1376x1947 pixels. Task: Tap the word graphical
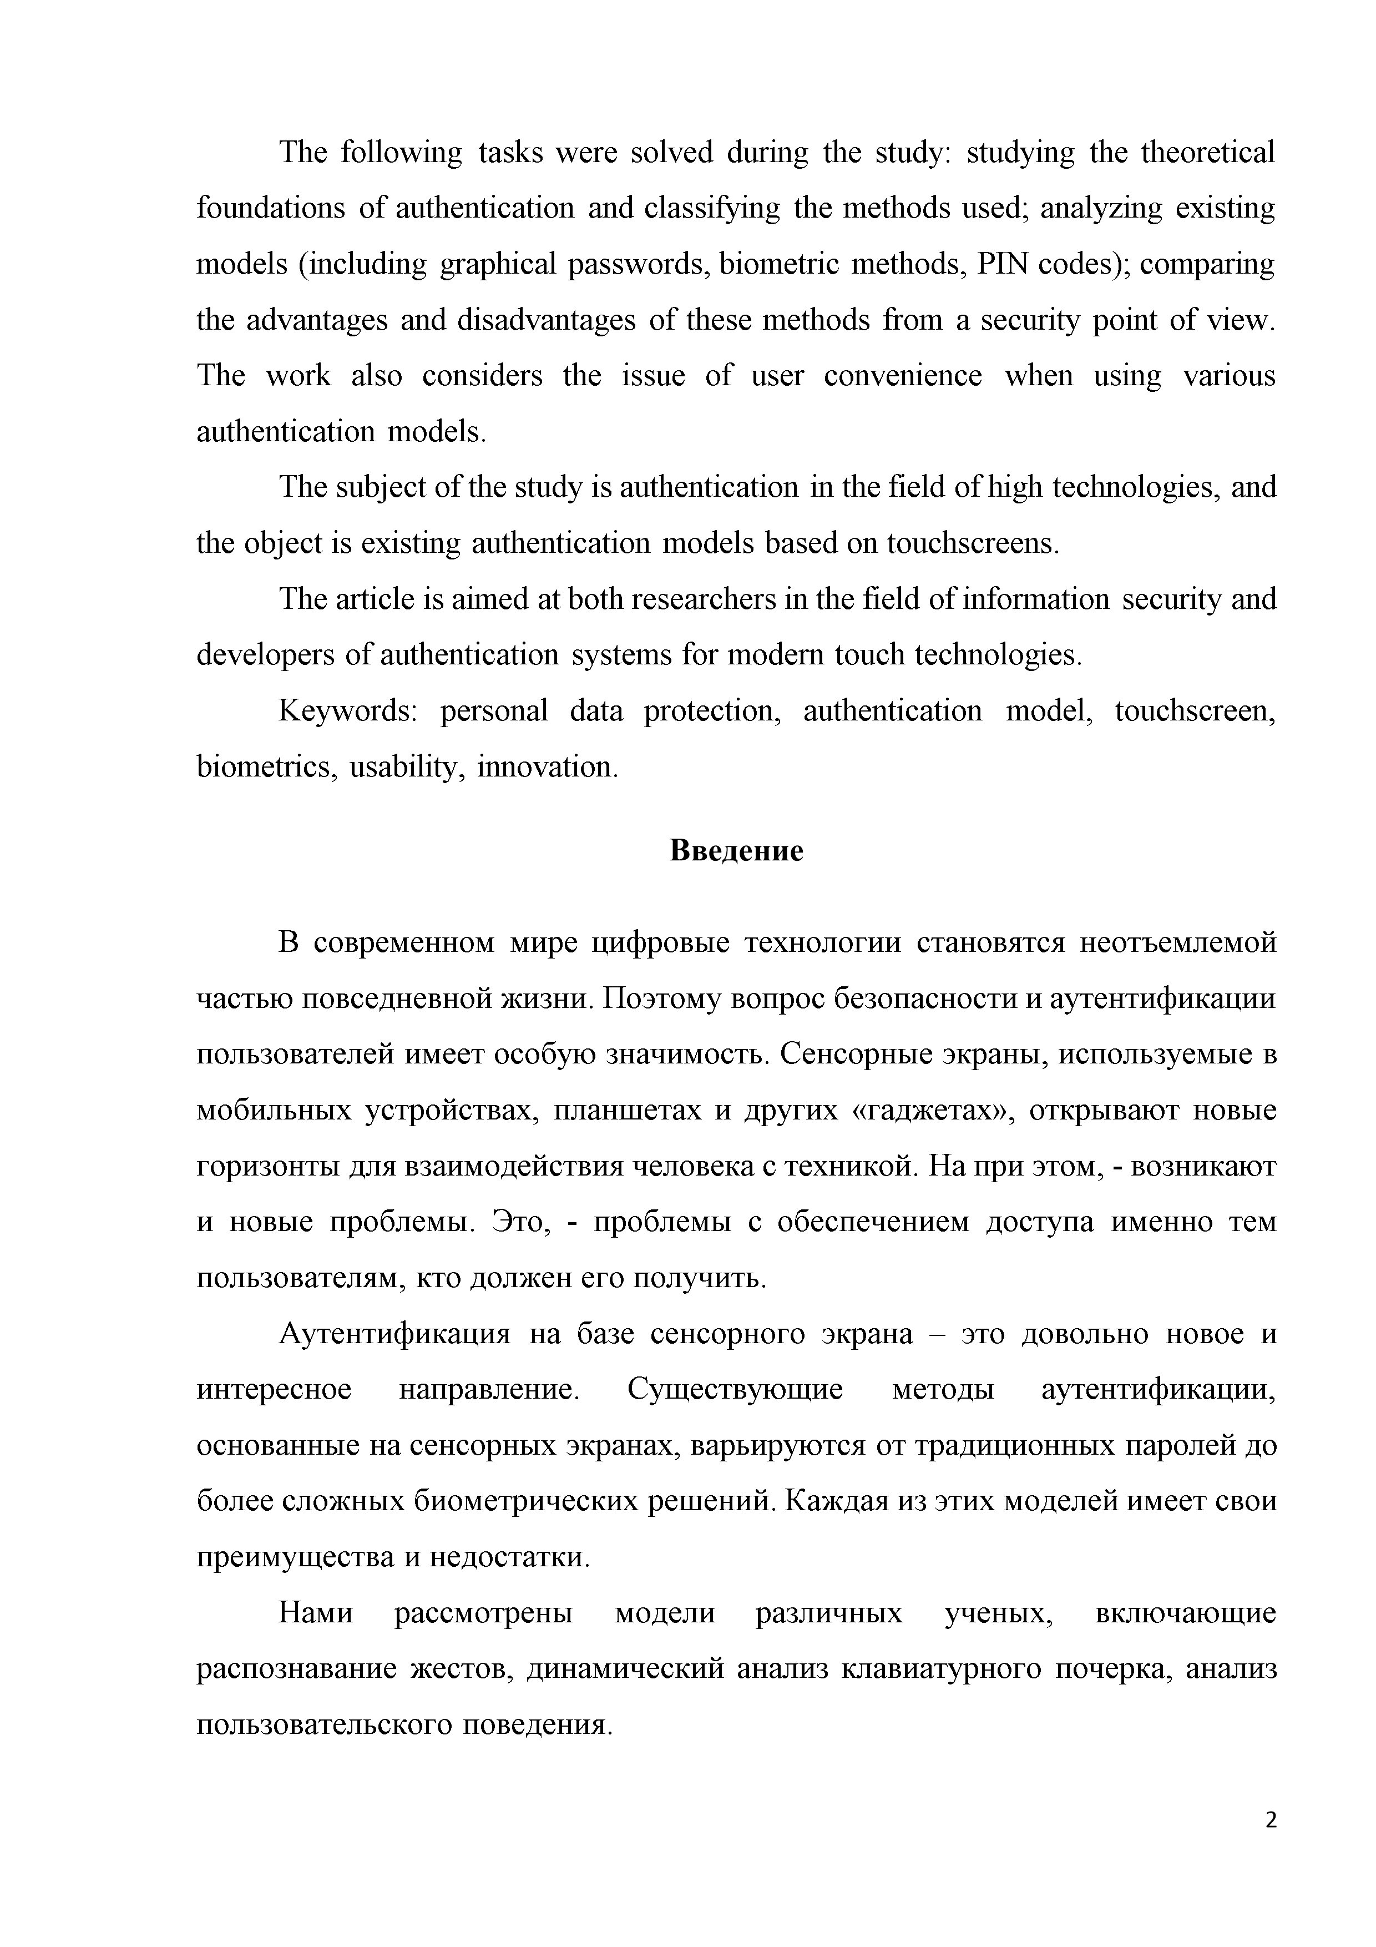[498, 265]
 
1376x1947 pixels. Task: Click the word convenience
[903, 376]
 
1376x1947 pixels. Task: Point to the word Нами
[315, 1612]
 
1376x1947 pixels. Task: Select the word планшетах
[628, 1110]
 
